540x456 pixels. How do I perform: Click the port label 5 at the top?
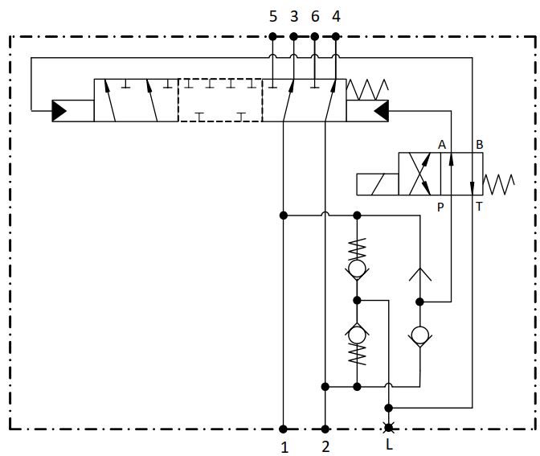point(272,16)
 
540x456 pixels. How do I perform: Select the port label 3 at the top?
point(293,16)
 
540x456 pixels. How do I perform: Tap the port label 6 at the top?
point(314,16)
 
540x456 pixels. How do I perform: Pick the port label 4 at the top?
point(335,16)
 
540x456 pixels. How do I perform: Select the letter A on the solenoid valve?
point(441,144)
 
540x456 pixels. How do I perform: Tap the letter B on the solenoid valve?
point(479,144)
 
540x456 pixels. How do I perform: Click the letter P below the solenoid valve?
point(440,207)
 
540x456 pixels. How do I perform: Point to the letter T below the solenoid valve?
point(479,207)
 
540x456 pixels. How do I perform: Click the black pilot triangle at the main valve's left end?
point(60,110)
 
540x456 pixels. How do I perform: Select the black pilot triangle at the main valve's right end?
point(379,110)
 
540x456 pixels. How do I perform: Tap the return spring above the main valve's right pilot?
point(369,88)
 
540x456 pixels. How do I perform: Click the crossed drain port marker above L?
point(389,428)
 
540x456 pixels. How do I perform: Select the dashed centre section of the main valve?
point(219,100)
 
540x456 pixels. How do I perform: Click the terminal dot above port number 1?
point(284,429)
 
